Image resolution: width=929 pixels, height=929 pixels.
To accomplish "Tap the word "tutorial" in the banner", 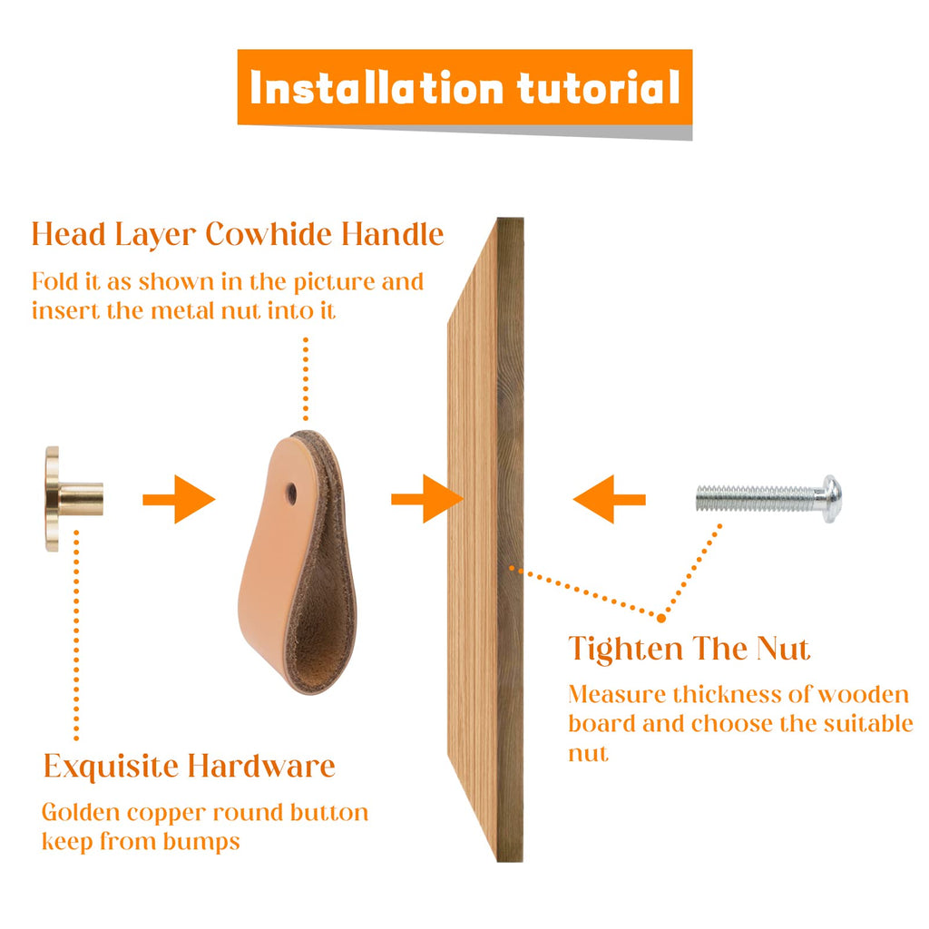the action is tap(599, 88).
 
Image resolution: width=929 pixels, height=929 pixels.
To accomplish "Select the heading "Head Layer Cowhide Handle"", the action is tap(238, 235).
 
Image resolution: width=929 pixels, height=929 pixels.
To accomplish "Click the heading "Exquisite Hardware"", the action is tap(190, 766).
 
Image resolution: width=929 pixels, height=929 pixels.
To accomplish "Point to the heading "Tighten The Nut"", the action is tap(689, 648).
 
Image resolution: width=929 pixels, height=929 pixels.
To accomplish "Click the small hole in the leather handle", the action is tap(291, 493).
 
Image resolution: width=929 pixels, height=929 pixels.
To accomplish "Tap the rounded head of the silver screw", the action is tap(832, 499).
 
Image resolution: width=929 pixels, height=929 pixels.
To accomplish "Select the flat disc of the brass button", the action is tap(52, 499).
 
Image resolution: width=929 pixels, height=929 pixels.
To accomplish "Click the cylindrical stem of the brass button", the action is tap(81, 499).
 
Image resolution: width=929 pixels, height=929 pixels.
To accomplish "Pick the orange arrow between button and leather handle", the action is tap(179, 500).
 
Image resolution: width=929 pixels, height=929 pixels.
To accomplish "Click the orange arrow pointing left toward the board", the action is tap(609, 500).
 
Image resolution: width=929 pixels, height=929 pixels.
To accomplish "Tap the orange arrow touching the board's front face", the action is tap(426, 500).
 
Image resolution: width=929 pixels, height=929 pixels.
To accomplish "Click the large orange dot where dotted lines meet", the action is tap(661, 618).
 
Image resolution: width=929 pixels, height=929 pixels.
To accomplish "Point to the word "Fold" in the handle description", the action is tap(54, 281).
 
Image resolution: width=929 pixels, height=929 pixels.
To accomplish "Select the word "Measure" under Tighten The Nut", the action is tap(617, 694).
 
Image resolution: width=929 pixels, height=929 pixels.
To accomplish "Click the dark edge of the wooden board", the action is tap(510, 539).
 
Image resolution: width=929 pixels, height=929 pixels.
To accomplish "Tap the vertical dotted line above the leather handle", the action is tap(306, 379).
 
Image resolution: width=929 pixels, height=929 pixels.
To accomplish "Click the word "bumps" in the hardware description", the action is tap(201, 843).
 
